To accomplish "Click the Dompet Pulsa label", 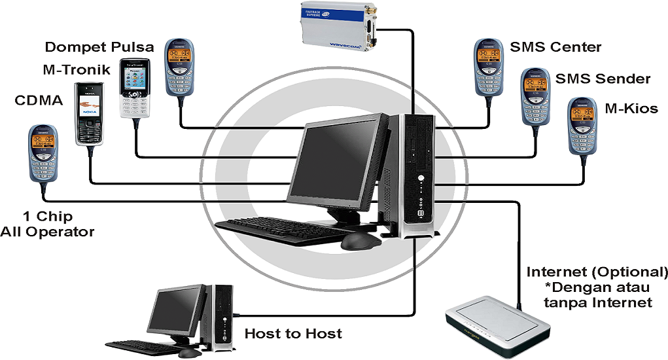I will tap(99, 47).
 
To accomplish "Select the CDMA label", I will tap(38, 100).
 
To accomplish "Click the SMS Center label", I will tap(555, 47).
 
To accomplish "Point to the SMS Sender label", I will tap(603, 79).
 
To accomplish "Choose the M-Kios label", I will tap(631, 109).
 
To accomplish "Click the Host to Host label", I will tap(293, 334).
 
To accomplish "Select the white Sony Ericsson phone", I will tap(135, 88).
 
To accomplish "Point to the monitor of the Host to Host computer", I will tap(178, 311).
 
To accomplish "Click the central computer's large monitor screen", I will tap(334, 164).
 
